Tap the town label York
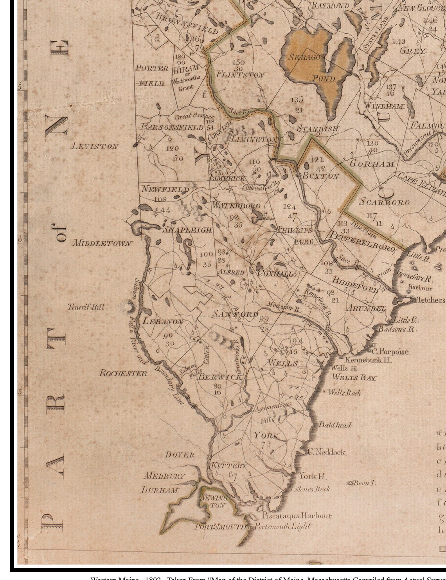coord(266,435)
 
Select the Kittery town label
coord(229,466)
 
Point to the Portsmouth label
coord(222,527)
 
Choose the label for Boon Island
coord(362,483)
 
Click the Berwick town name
coord(220,377)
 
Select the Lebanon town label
coord(163,321)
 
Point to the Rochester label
coord(123,373)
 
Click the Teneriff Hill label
coord(86,307)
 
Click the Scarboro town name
coord(384,202)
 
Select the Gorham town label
coord(372,164)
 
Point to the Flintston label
coord(240,74)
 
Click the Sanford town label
coord(235,314)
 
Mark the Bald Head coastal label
coord(335,425)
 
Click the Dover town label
coord(180,455)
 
